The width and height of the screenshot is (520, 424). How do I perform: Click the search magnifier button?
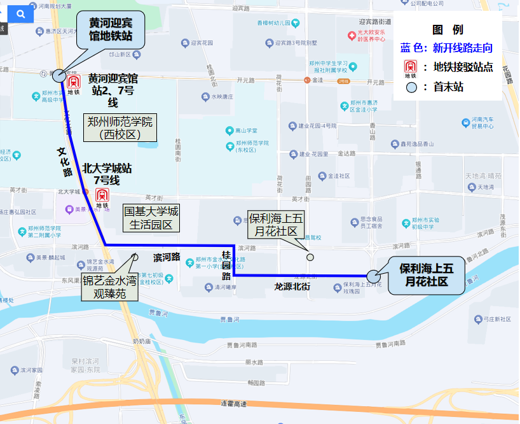[x=21, y=13]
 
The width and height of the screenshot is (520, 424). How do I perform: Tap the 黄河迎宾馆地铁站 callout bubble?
[x=111, y=29]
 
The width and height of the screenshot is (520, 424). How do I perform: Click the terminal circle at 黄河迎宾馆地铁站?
[x=58, y=75]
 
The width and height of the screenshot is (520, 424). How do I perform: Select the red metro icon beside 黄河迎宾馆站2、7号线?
[x=74, y=83]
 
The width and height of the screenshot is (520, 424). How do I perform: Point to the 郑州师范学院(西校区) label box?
[x=120, y=127]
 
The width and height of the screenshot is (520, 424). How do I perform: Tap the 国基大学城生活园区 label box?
[x=151, y=218]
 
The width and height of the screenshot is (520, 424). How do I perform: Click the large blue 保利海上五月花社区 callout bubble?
[x=427, y=274]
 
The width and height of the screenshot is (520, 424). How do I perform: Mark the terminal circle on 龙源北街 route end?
[x=373, y=276]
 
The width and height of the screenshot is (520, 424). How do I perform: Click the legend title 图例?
[x=448, y=29]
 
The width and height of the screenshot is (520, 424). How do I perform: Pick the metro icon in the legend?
[x=411, y=67]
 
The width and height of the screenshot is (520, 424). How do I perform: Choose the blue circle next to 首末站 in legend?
[x=411, y=87]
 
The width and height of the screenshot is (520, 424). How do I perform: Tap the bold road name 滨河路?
[x=167, y=257]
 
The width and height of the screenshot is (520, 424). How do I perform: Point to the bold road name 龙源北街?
[x=292, y=286]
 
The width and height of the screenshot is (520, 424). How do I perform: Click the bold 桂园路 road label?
[x=226, y=265]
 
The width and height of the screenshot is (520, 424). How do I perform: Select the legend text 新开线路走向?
[x=462, y=48]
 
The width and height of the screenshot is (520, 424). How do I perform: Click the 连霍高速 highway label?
[x=233, y=404]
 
